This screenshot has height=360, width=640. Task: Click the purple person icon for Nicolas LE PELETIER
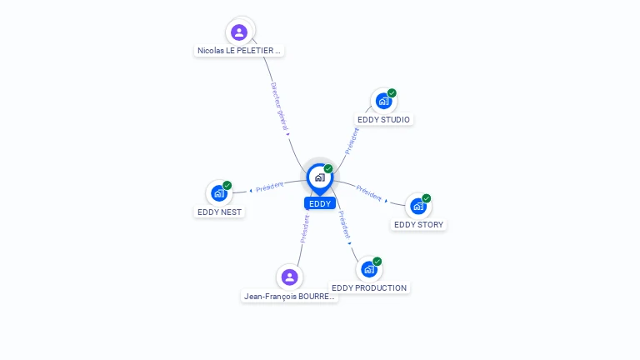239,32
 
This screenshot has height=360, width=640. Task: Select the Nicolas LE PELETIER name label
239,51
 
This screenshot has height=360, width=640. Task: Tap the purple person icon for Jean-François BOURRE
289,277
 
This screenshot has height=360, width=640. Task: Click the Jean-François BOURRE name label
289,297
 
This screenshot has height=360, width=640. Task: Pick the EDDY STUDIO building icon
383,101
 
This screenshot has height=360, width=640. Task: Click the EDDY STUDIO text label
383,120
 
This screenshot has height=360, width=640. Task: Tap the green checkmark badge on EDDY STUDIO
392,93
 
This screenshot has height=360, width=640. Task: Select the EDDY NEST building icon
219,193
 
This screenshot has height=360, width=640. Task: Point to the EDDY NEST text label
220,212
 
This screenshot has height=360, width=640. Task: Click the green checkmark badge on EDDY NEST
227,185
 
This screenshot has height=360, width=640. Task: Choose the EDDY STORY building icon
418,206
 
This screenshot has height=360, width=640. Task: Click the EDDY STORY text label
419,225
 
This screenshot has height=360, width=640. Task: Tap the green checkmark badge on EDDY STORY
427,198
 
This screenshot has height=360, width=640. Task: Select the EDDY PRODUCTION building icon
369,269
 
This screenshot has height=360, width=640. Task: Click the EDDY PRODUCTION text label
369,287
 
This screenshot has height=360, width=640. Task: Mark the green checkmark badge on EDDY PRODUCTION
377,261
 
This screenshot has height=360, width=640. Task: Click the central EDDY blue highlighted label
320,203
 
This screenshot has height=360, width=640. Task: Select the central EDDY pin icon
320,179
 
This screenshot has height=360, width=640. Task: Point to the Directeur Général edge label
280,107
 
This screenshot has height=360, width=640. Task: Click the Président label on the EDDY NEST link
269,187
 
